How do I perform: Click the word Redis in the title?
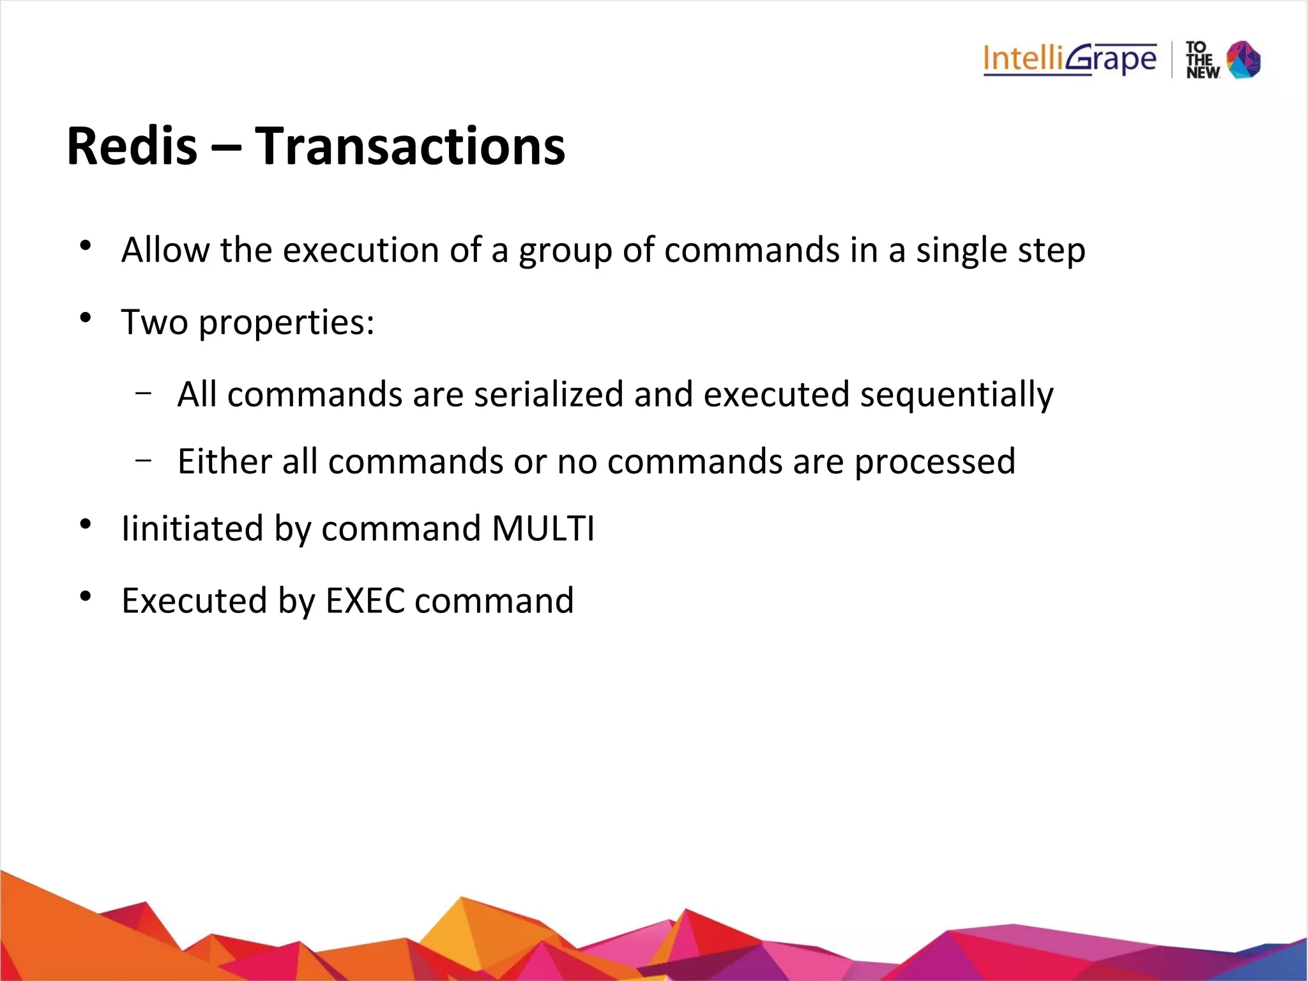click(132, 146)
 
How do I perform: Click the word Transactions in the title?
click(410, 146)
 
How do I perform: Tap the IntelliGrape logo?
click(1070, 59)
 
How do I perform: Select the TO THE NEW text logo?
click(1202, 60)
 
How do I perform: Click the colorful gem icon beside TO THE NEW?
click(1243, 59)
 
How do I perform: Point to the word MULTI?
click(543, 529)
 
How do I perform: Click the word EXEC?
click(365, 601)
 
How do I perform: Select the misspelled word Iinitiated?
click(192, 529)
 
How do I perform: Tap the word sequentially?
click(956, 394)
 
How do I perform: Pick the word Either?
click(225, 461)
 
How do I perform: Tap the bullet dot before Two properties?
click(86, 317)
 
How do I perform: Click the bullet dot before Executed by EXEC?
click(86, 596)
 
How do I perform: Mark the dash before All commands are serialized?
click(144, 392)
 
